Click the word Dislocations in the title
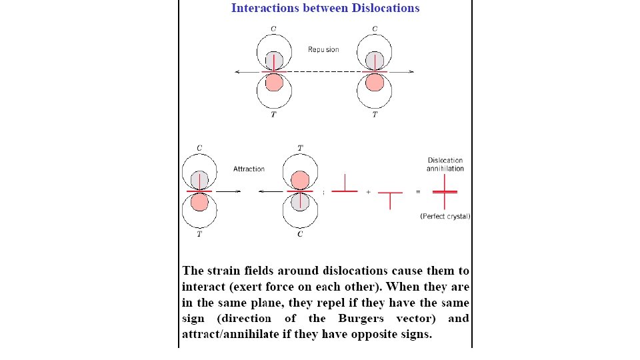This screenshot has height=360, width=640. click(380, 8)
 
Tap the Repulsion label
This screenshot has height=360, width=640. click(323, 49)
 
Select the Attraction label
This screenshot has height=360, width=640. click(249, 169)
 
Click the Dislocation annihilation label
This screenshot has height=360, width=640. click(445, 164)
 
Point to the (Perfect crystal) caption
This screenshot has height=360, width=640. click(445, 216)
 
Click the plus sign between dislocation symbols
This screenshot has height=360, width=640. click(368, 192)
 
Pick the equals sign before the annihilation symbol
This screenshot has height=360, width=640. click(418, 192)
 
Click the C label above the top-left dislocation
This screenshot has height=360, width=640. click(273, 28)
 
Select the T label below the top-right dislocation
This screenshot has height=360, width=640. click(375, 115)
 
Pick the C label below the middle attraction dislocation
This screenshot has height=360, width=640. click(300, 235)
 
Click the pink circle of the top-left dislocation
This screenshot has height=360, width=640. click(273, 82)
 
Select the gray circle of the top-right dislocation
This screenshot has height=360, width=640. click(375, 61)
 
